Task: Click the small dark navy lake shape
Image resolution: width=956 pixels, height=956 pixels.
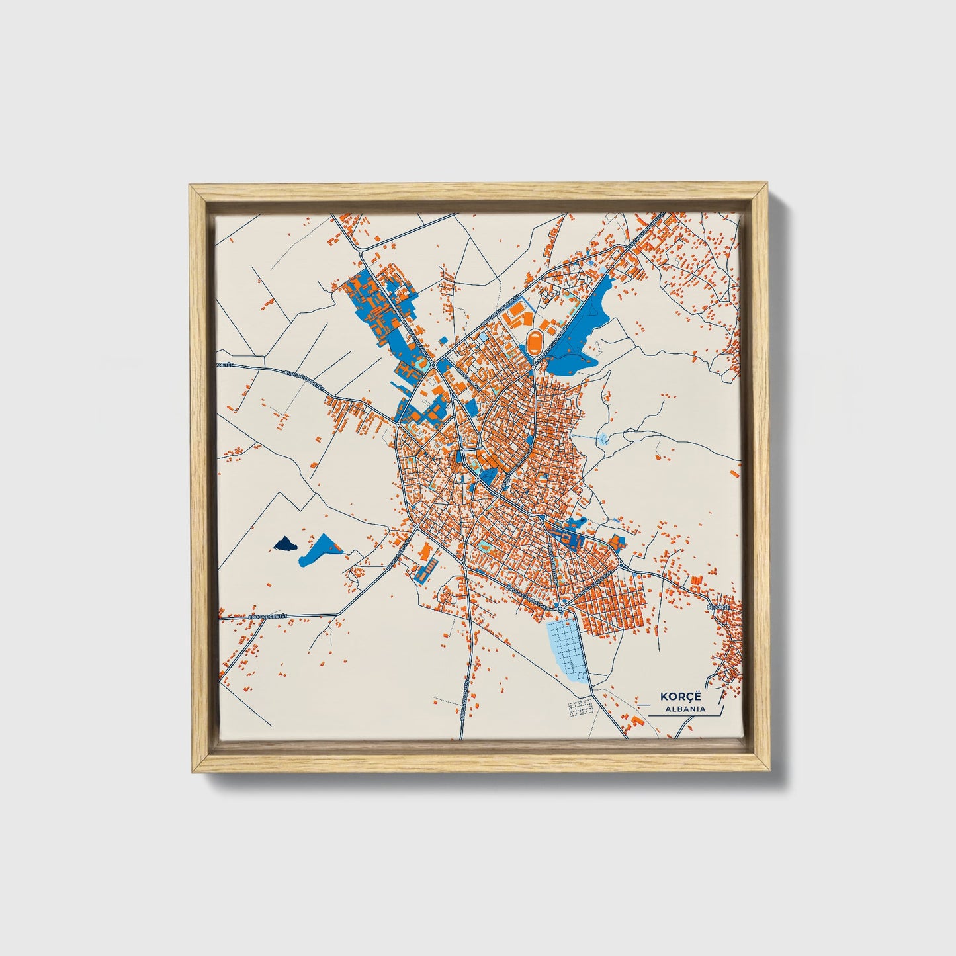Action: coord(284,544)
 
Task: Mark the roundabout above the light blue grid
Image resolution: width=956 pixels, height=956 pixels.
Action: coord(560,607)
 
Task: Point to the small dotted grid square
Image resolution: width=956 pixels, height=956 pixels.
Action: coord(580,707)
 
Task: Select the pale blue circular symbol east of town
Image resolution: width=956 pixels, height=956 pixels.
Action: coord(602,437)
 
